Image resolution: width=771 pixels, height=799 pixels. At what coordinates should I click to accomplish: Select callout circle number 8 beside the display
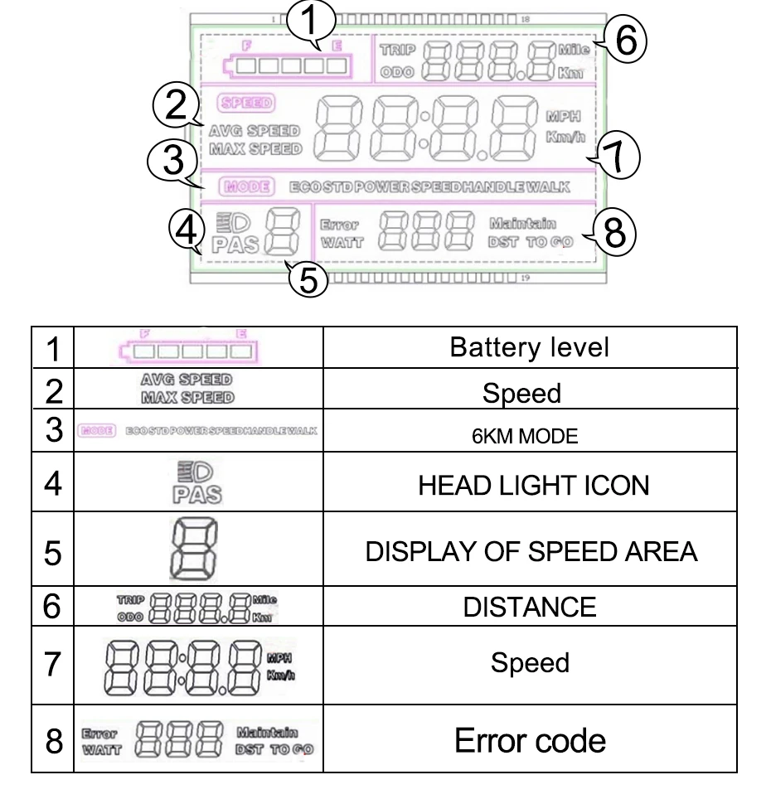(x=614, y=233)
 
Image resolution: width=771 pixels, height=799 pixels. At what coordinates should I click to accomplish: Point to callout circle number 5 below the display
(x=308, y=278)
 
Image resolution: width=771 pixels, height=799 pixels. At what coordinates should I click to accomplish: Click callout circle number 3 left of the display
(x=172, y=159)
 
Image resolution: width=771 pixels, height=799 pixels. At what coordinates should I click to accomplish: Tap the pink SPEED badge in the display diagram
(x=245, y=104)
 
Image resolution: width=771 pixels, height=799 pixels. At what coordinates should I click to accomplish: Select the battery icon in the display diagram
(x=286, y=66)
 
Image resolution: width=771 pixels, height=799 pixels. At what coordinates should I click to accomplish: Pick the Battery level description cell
(x=529, y=347)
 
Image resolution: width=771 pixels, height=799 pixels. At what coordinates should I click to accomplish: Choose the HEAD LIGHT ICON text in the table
(x=533, y=486)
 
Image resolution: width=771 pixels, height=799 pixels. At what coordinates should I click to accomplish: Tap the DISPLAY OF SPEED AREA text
(x=531, y=551)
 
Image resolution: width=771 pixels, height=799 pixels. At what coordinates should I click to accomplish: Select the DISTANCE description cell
(x=529, y=608)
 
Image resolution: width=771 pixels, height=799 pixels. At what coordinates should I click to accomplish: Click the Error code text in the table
(x=530, y=739)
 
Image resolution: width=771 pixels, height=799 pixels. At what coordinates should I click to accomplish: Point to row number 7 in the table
(x=53, y=665)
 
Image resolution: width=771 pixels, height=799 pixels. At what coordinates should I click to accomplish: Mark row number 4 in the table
(x=53, y=484)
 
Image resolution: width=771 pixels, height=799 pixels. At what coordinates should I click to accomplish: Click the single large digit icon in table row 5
(x=193, y=550)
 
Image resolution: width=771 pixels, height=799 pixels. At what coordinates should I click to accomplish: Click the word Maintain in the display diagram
(x=522, y=222)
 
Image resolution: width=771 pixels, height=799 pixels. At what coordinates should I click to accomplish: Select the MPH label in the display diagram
(x=560, y=116)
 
